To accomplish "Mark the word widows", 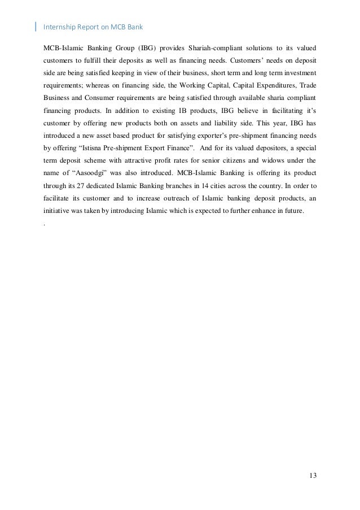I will click(x=267, y=160).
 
